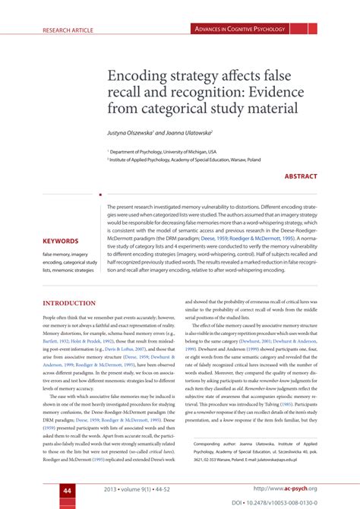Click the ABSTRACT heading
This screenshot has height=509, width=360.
pos(301,176)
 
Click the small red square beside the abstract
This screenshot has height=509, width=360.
pos(100,195)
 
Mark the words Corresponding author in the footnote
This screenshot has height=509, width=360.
pos(220,442)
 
